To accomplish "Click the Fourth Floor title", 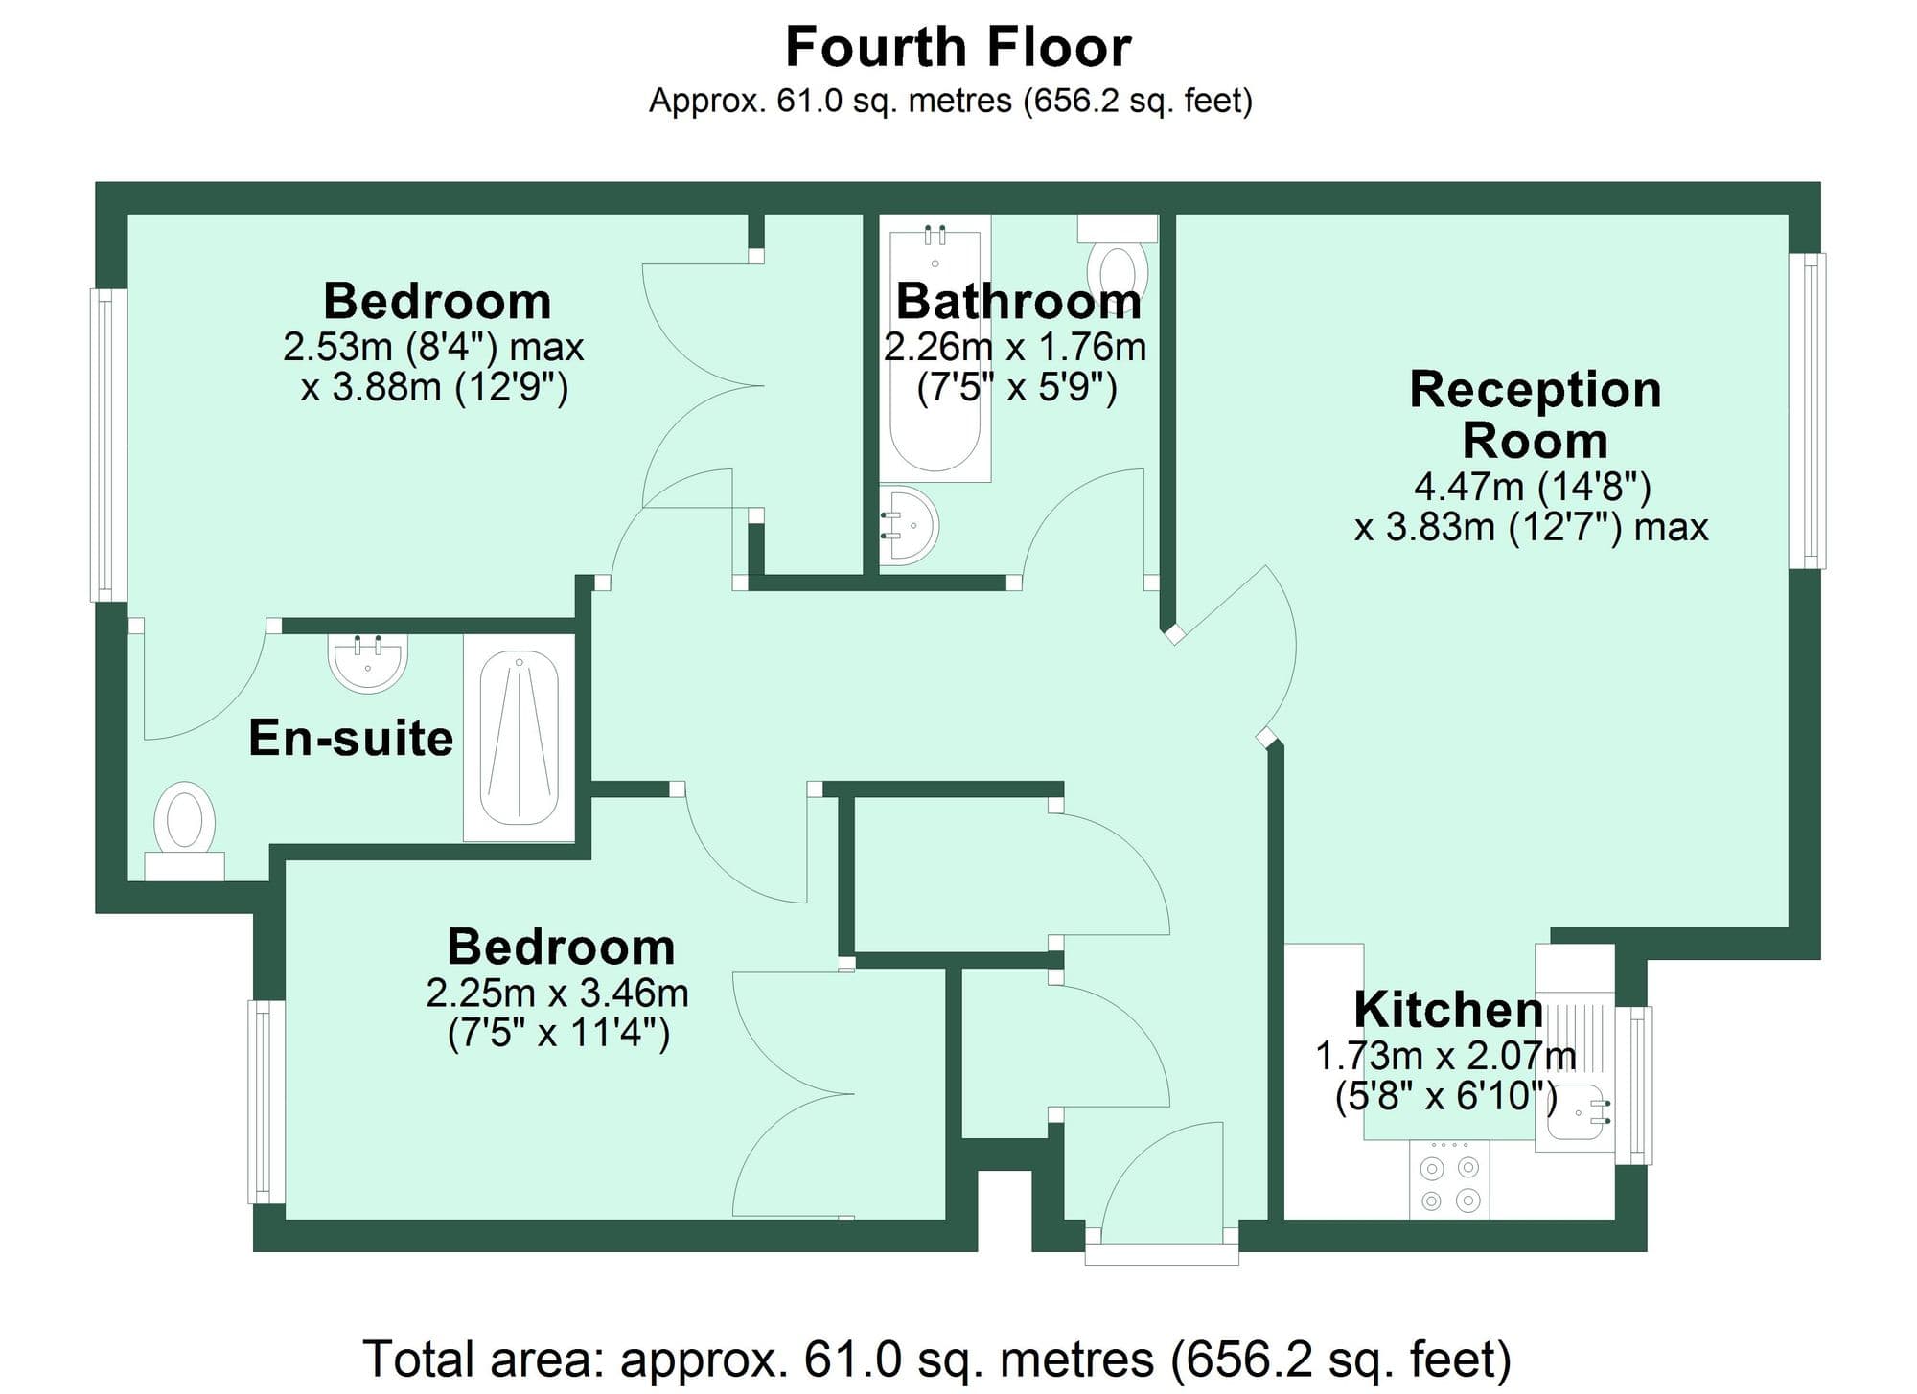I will tap(958, 48).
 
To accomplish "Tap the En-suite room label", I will tap(351, 739).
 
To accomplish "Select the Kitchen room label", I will tap(1447, 1010).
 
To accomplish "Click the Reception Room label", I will tap(1535, 415).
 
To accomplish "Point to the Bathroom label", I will tap(1018, 302).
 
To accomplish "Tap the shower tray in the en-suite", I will tap(519, 739).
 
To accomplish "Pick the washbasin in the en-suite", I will tap(368, 661).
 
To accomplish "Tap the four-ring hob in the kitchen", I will tap(1449, 1183).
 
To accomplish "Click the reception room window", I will tap(1808, 410).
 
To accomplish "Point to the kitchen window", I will tap(1635, 1085).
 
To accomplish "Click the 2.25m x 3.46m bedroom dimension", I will tap(557, 994).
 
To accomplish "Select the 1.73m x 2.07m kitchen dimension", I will tap(1444, 1056).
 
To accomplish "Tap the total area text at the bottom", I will tap(935, 1360).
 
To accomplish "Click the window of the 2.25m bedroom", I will tap(267, 1102).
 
